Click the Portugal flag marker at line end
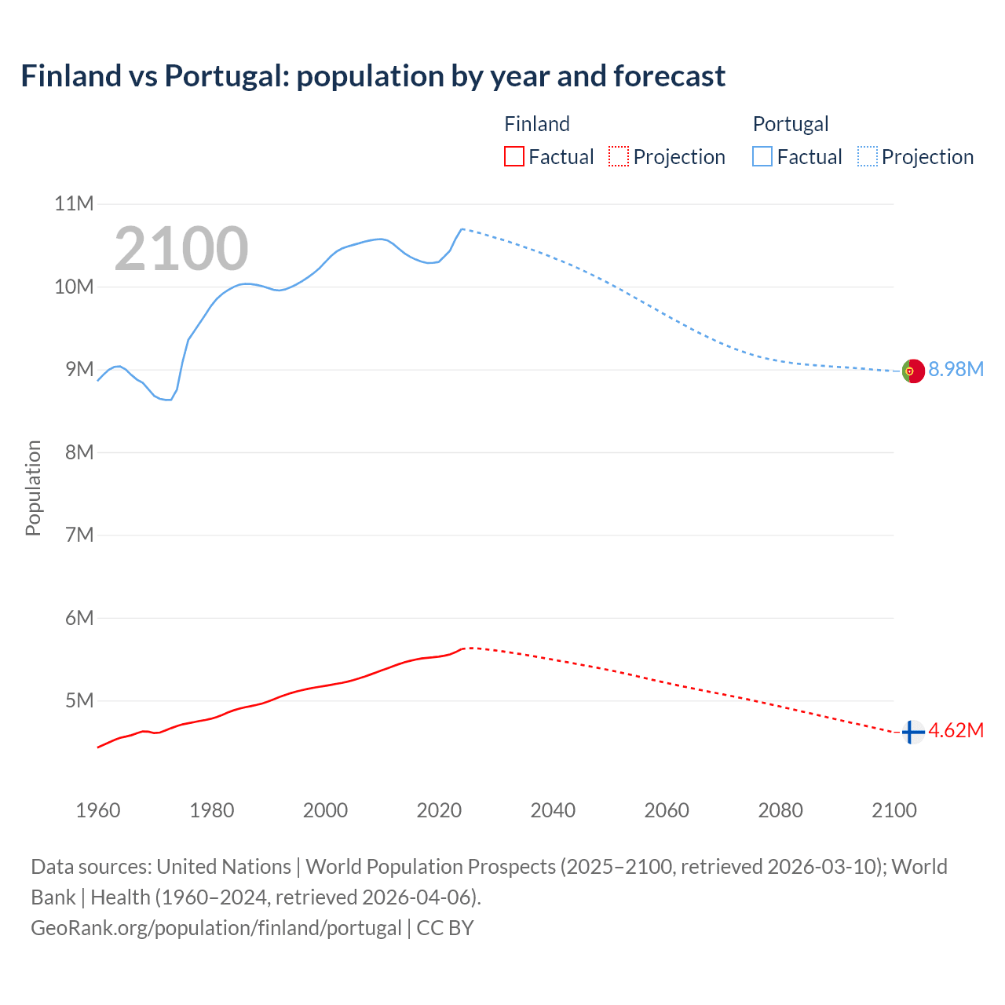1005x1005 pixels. coord(912,371)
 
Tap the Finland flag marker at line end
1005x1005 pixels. coord(912,732)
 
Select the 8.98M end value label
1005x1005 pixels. coord(956,370)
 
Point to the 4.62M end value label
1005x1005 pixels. coord(956,731)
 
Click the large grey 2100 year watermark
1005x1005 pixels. coord(181,249)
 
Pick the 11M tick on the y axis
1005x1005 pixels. coord(74,204)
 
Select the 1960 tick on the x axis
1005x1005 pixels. coord(98,810)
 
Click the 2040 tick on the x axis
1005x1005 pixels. coord(553,810)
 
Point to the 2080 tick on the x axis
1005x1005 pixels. coord(780,810)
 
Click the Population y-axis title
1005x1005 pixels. coord(33,488)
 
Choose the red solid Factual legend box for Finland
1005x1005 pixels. coord(513,157)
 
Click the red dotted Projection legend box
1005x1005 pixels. coord(619,157)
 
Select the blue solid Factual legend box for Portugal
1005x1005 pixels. coord(762,157)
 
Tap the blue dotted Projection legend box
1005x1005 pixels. coord(867,157)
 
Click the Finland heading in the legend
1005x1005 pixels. coord(536,124)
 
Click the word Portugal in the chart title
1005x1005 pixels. coord(227,76)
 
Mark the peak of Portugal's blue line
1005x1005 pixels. coord(462,228)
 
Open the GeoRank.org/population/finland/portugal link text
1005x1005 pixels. coord(216,928)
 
